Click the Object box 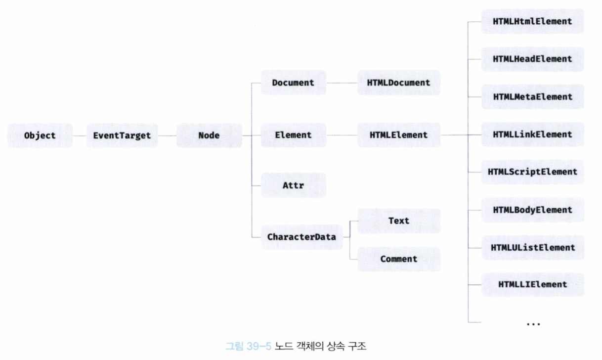coord(40,135)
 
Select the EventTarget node coord(122,135)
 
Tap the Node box coord(209,135)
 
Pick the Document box coord(293,83)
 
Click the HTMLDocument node coord(399,83)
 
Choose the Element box coord(293,135)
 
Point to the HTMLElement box coord(399,135)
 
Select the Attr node coord(293,185)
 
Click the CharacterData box coord(301,237)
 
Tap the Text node coord(399,221)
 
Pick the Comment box coord(399,259)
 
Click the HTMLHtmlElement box coord(532,21)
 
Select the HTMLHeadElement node coord(532,59)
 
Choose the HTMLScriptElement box coord(532,172)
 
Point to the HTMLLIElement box coord(532,284)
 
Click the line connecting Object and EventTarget coord(80,135)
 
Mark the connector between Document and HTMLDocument coord(342,83)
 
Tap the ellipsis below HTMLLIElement coord(533,323)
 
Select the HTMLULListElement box coord(532,247)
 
